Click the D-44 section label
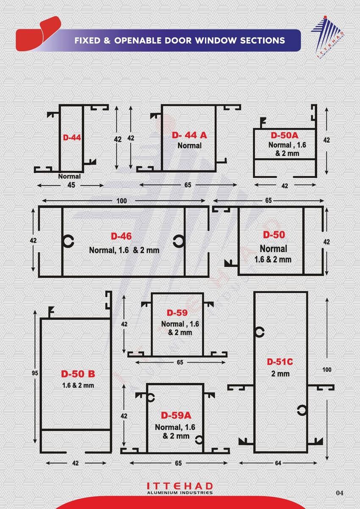click(72, 138)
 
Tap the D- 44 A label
click(189, 135)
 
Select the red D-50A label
click(284, 136)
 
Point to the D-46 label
click(121, 236)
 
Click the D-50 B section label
click(78, 374)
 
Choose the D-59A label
click(176, 415)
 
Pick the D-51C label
click(280, 362)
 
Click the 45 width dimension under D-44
click(71, 185)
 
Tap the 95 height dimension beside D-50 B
click(35, 373)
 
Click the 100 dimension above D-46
click(122, 201)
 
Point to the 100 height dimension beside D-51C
click(327, 370)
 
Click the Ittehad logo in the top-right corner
click(328, 38)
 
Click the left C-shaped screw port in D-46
click(68, 241)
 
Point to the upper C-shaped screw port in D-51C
click(259, 332)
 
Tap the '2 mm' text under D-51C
click(280, 374)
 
